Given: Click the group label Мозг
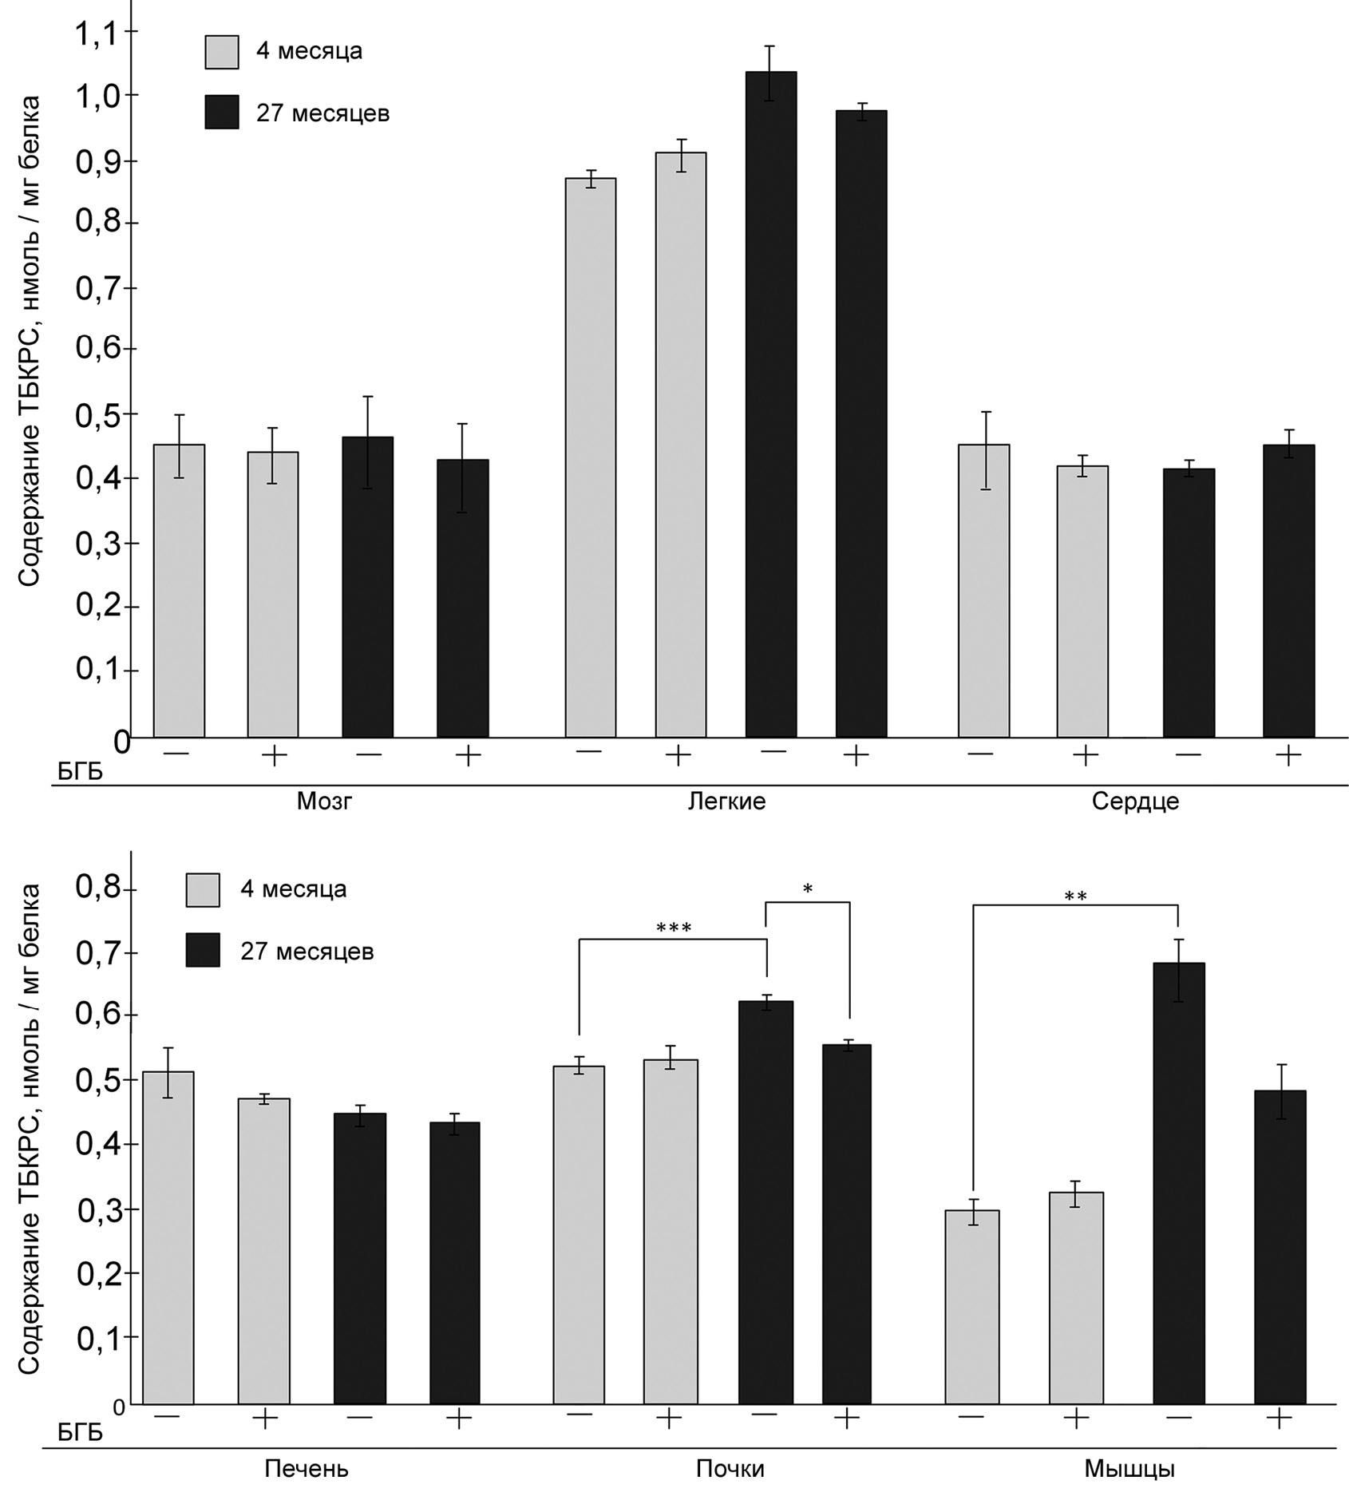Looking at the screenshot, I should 324,801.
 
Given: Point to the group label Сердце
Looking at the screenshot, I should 1135,801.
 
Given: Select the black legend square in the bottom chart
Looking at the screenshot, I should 203,951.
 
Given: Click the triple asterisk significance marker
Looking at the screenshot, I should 673,928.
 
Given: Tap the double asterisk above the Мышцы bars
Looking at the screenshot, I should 1075,896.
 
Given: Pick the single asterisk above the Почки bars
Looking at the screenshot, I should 808,888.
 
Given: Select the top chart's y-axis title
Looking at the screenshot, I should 30,342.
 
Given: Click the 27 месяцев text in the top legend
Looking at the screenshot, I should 322,113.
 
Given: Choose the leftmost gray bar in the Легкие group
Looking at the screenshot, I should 591,457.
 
